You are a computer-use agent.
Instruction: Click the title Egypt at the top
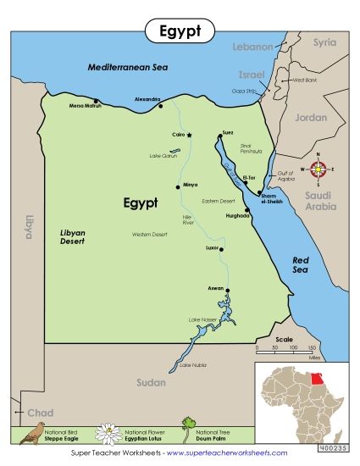[x=180, y=32]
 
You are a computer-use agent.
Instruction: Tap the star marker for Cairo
[x=190, y=136]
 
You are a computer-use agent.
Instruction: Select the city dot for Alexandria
[x=160, y=108]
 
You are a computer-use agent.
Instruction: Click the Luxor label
[x=212, y=248]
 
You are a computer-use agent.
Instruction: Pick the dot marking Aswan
[x=227, y=289]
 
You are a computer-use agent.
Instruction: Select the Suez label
[x=227, y=132]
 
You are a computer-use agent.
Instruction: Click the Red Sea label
[x=303, y=264]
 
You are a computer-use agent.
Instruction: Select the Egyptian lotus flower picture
[x=108, y=435]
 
